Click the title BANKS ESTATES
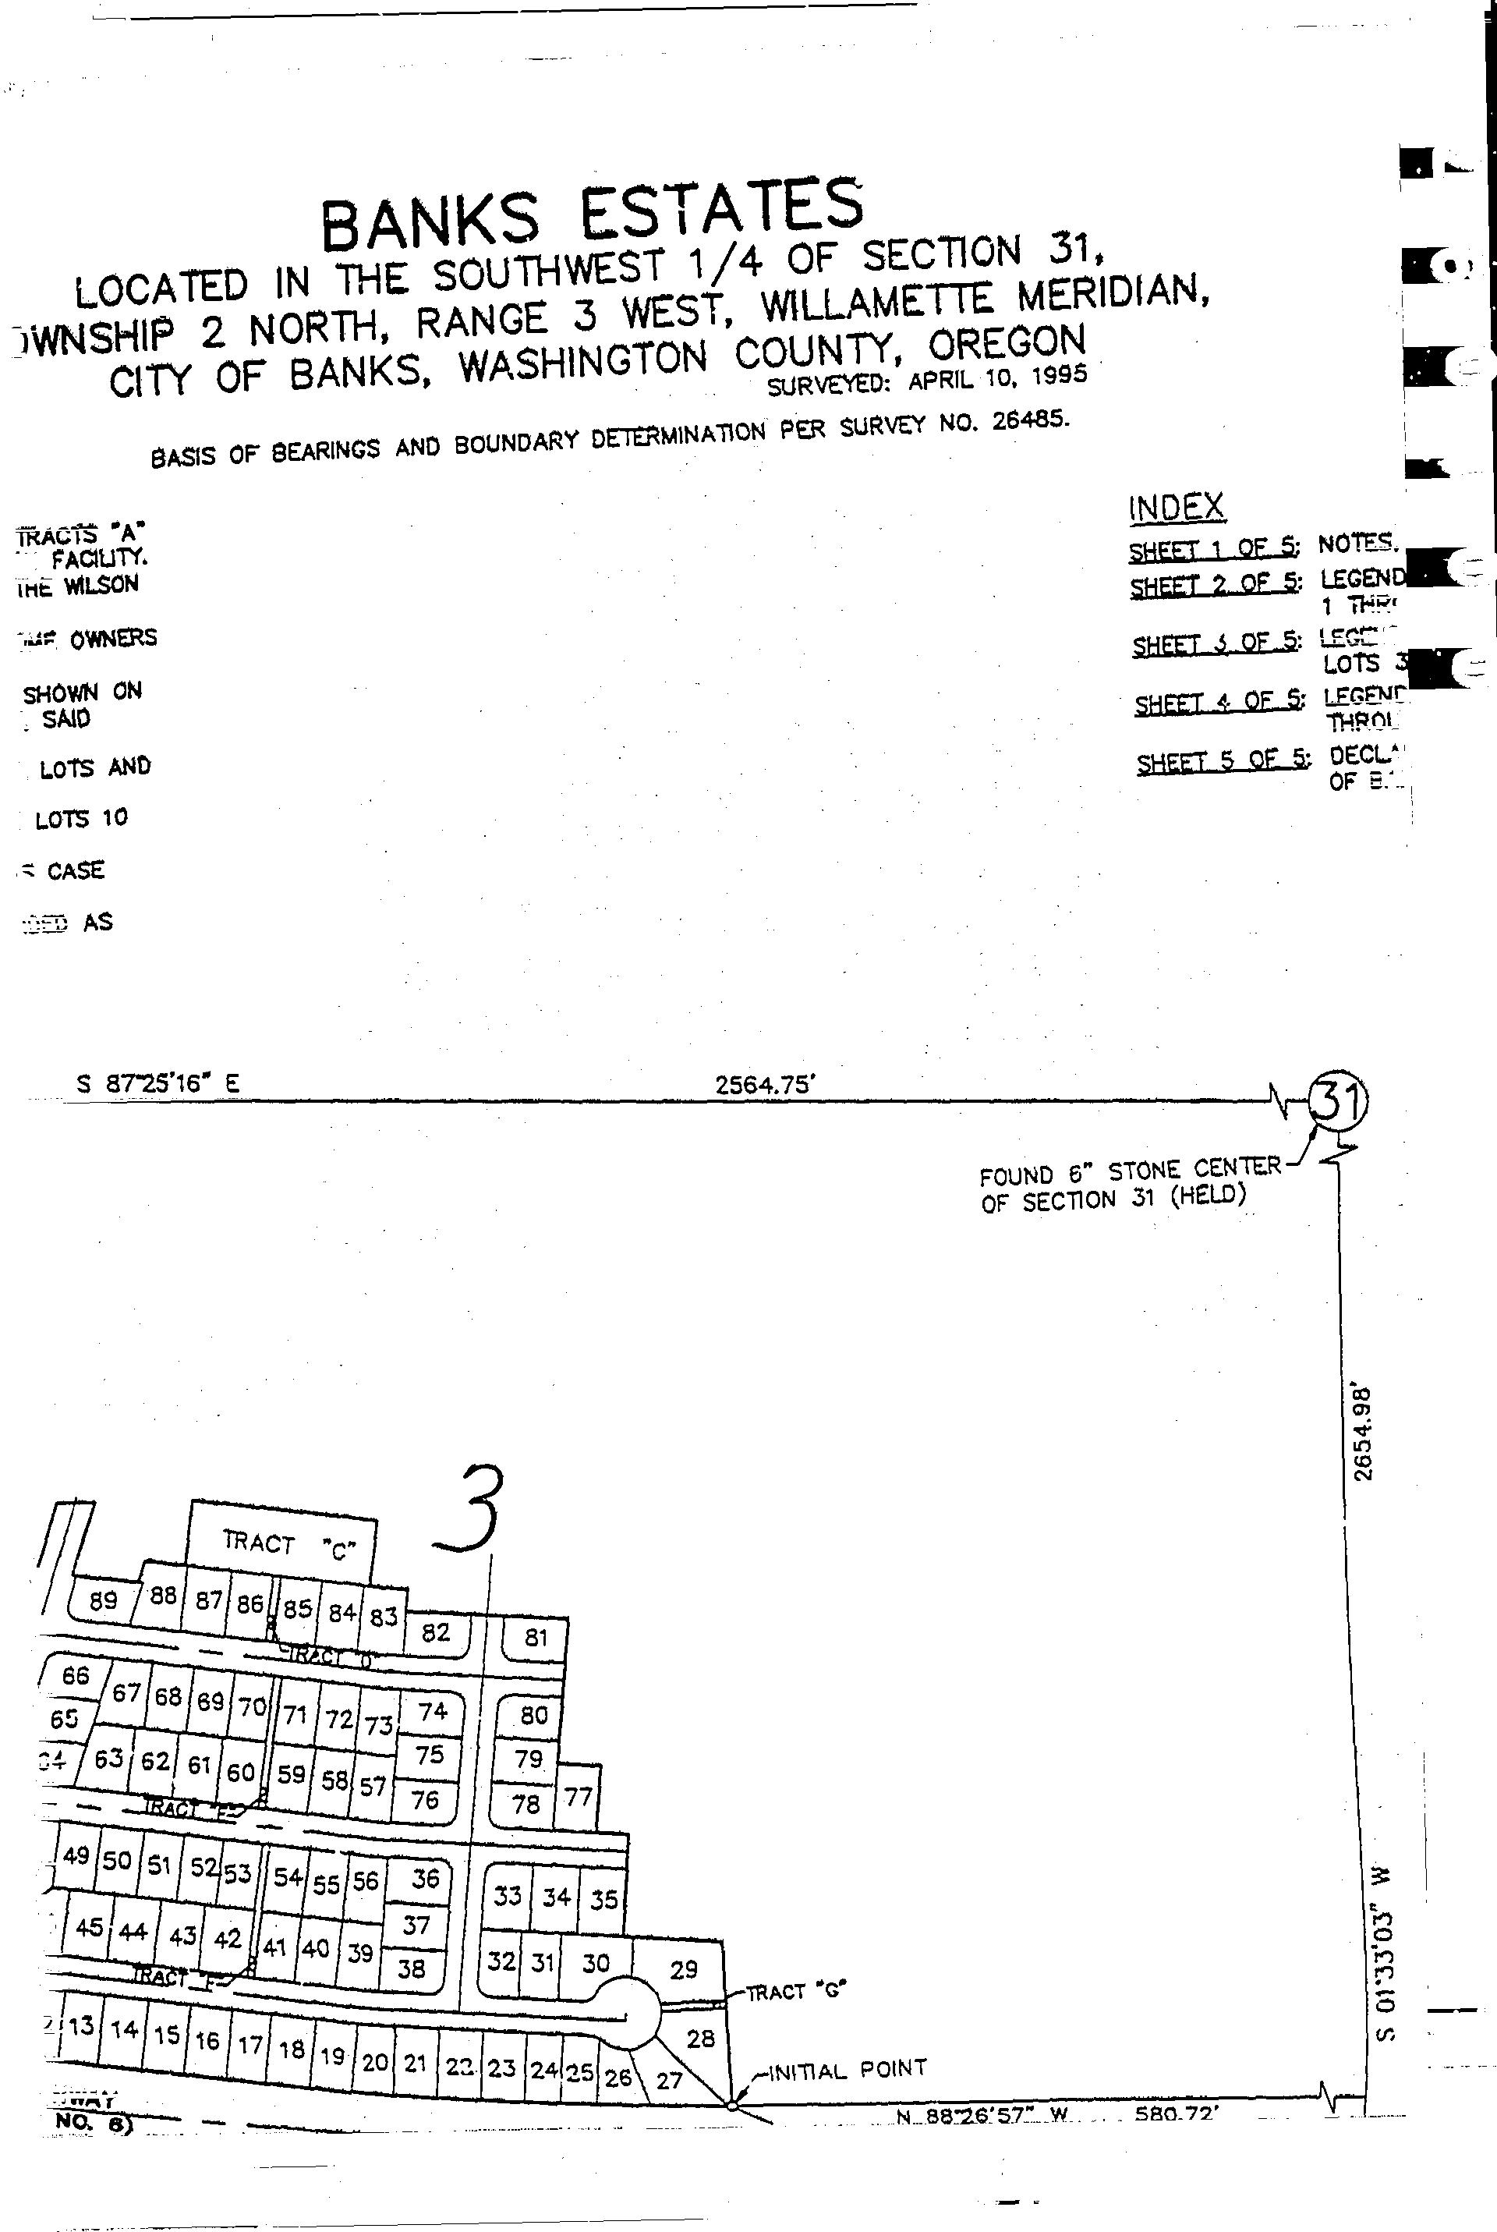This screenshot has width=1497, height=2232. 592,214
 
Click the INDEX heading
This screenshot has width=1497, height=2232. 1177,507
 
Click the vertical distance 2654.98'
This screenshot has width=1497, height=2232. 1364,1432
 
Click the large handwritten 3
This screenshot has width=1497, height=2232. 469,1511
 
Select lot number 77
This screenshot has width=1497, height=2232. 579,1797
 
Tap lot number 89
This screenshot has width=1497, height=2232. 102,1601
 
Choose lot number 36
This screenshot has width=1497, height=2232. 425,1877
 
